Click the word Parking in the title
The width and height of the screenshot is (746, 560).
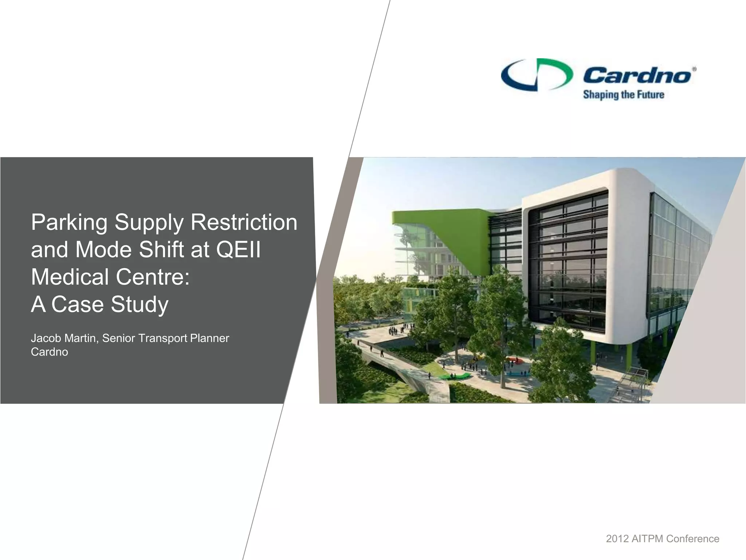click(69, 222)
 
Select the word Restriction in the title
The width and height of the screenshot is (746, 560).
click(244, 222)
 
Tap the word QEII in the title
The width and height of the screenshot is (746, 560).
click(239, 250)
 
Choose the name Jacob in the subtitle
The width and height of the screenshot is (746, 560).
click(46, 338)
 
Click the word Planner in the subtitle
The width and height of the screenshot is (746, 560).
click(209, 338)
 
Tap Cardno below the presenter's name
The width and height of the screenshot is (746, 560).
click(49, 352)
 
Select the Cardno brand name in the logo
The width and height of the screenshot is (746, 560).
click(637, 75)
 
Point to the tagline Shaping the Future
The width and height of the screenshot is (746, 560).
click(623, 95)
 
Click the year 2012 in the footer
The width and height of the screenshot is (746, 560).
click(617, 539)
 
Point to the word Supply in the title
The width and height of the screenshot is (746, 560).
click(149, 223)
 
